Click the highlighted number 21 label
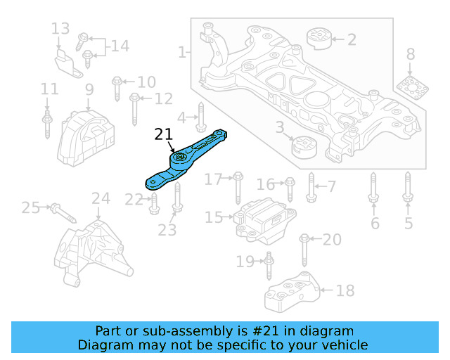163,135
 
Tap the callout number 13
60,29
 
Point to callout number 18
345,289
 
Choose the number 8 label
410,54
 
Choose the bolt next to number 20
304,247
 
